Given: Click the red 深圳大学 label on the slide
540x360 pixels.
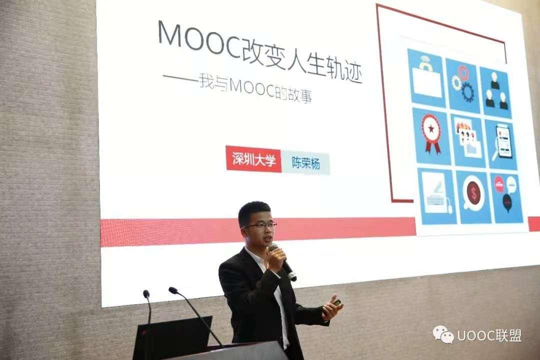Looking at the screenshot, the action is pyautogui.click(x=254, y=159).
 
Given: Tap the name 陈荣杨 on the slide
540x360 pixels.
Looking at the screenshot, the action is pyautogui.click(x=306, y=163).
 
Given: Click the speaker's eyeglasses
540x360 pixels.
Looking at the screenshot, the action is pyautogui.click(x=259, y=225).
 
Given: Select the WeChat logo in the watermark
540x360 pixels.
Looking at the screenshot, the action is pyautogui.click(x=443, y=335).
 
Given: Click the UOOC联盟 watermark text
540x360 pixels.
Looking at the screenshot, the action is pyautogui.click(x=489, y=335).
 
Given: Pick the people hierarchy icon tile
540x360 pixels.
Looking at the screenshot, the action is pyautogui.click(x=495, y=91).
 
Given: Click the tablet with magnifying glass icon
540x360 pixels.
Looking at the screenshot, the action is pyautogui.click(x=502, y=143).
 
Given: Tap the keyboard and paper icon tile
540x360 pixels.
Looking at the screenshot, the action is pyautogui.click(x=436, y=195).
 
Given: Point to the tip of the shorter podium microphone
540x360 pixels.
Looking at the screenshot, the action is pyautogui.click(x=146, y=293).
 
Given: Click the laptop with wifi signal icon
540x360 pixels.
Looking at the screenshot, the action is pyautogui.click(x=427, y=78).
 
